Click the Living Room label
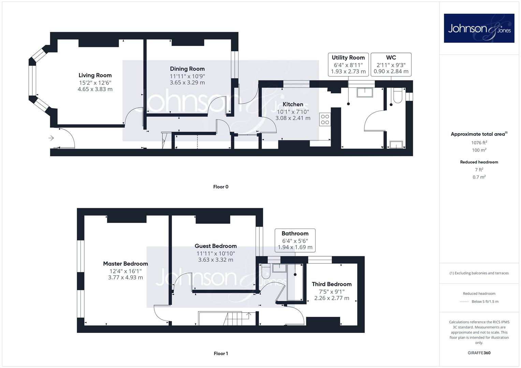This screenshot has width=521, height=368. point(95,75)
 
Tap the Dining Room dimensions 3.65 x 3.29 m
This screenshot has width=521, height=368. point(187,82)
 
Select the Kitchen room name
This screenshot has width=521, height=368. point(293,104)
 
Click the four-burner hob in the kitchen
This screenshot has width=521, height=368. point(325,119)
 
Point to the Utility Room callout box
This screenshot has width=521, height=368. point(348,65)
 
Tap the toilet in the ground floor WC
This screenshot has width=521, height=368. point(398,95)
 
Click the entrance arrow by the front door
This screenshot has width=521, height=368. point(51,138)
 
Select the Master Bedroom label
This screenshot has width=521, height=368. point(126,264)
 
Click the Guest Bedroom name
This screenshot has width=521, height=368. point(216,246)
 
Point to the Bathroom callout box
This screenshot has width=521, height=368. point(295,241)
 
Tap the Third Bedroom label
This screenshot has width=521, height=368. point(332,284)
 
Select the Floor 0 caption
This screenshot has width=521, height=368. point(221,187)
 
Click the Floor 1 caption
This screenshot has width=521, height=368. point(221,353)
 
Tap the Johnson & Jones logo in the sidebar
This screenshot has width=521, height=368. point(479,28)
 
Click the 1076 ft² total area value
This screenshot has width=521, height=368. point(479,143)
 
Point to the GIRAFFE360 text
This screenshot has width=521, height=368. point(479,353)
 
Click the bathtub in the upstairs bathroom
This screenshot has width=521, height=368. point(295,282)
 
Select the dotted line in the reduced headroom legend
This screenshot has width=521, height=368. point(464,302)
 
